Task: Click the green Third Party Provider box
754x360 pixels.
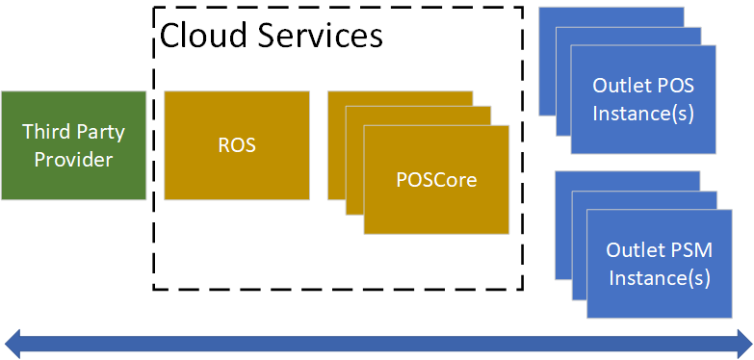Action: (x=73, y=145)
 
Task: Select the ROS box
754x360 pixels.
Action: (x=236, y=145)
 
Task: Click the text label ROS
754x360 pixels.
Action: (x=236, y=146)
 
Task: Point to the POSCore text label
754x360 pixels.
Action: (x=436, y=180)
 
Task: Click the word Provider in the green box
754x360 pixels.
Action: (x=73, y=159)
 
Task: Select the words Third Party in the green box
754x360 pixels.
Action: (x=73, y=132)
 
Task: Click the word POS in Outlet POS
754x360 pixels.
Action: (x=676, y=87)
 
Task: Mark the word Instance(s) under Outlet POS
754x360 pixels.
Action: (x=643, y=114)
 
